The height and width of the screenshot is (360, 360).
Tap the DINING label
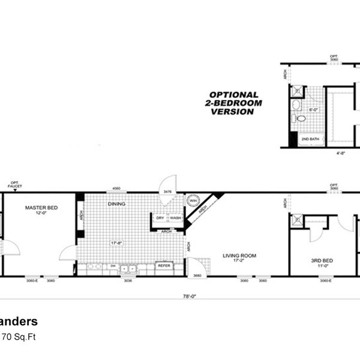coord(117,204)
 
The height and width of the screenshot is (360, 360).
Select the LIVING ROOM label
coord(239,256)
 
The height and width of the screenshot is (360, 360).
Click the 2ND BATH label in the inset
coord(310,140)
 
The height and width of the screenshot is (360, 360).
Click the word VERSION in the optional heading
coord(233,112)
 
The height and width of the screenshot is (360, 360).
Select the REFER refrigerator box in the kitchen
coord(164,265)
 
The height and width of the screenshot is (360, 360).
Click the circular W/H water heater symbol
coord(193,201)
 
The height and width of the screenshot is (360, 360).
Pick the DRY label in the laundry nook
coord(161,218)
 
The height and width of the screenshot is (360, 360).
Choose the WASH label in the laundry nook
coord(175,218)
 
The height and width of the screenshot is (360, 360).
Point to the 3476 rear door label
coord(167,192)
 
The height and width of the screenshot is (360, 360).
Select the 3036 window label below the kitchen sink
coord(128,280)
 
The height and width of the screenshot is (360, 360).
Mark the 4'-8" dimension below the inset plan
coord(340,153)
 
